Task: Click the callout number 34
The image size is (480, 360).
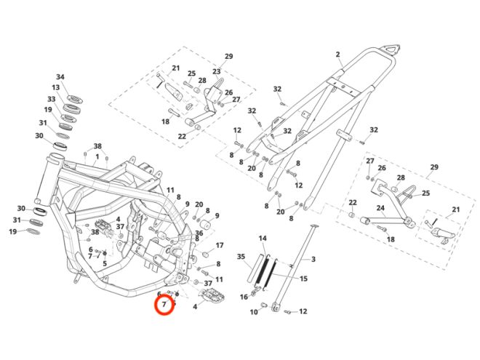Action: tap(60, 77)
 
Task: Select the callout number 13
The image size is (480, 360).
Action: tap(56, 87)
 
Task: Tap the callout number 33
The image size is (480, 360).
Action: tap(52, 99)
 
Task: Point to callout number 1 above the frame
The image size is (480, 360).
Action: tap(97, 156)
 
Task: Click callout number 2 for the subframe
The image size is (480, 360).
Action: tap(338, 55)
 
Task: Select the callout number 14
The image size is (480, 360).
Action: tap(263, 239)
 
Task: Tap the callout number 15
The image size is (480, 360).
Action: tap(304, 279)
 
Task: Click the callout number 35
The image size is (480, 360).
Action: tap(241, 257)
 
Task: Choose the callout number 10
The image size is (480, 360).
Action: tap(254, 312)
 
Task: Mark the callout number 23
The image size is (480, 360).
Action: tap(217, 73)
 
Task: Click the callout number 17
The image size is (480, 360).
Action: tap(220, 246)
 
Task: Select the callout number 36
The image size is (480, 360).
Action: tap(199, 233)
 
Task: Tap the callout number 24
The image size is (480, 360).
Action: tap(380, 208)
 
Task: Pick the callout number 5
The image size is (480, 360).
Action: tap(105, 263)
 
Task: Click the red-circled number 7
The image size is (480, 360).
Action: tap(165, 303)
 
